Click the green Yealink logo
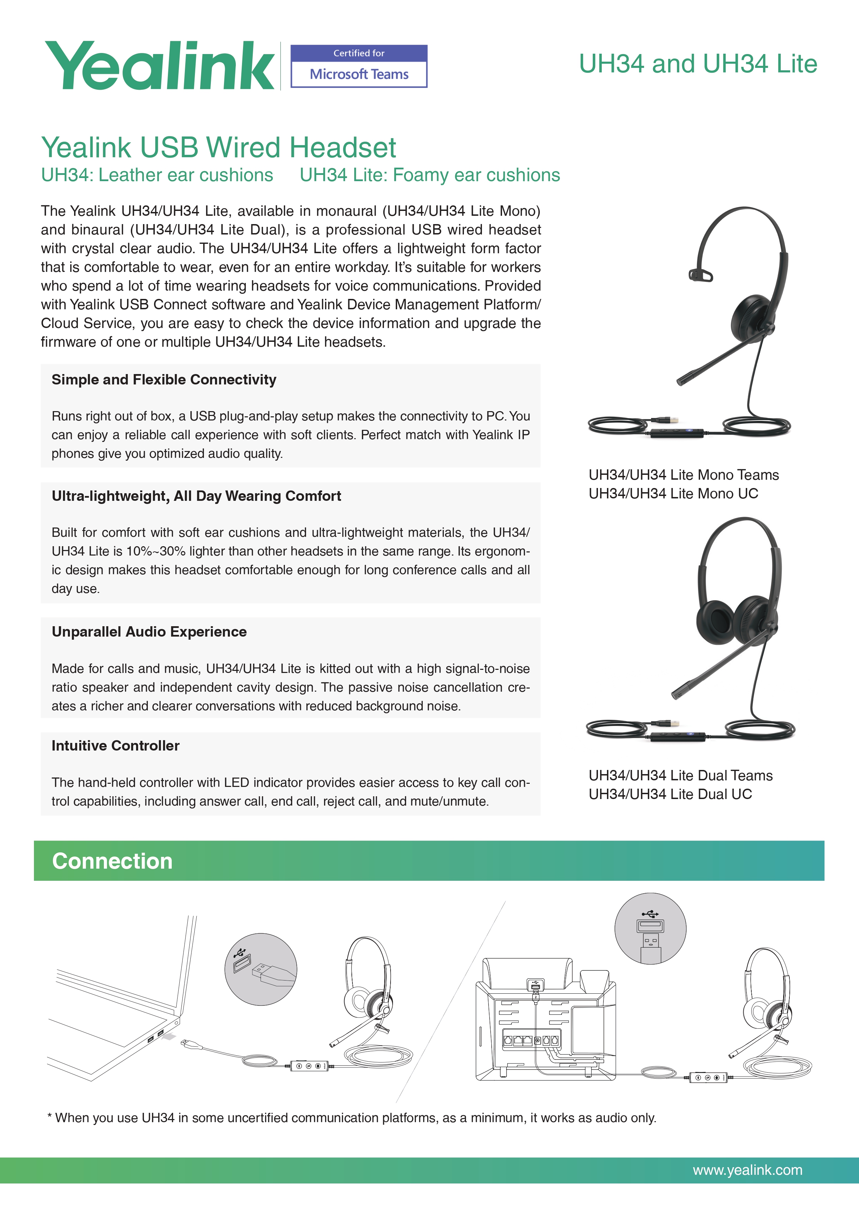159,66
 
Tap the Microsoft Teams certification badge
359,66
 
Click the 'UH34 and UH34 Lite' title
698,64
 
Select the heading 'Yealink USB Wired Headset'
218,147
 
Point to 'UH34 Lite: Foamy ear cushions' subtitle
429,175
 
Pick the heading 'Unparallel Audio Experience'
149,632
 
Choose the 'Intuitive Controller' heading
115,746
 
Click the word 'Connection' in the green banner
112,861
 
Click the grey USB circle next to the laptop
261,969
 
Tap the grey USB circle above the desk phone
650,929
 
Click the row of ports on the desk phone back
530,1040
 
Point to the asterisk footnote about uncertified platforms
352,1118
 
